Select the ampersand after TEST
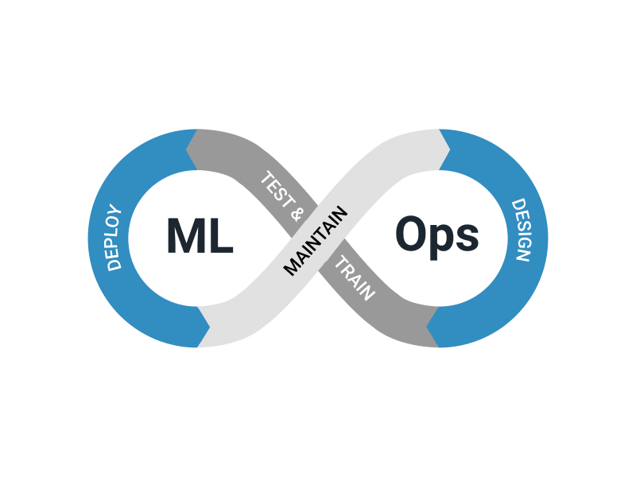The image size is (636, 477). [298, 214]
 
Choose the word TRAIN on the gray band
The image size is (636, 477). [354, 278]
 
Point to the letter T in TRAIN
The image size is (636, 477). [339, 263]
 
